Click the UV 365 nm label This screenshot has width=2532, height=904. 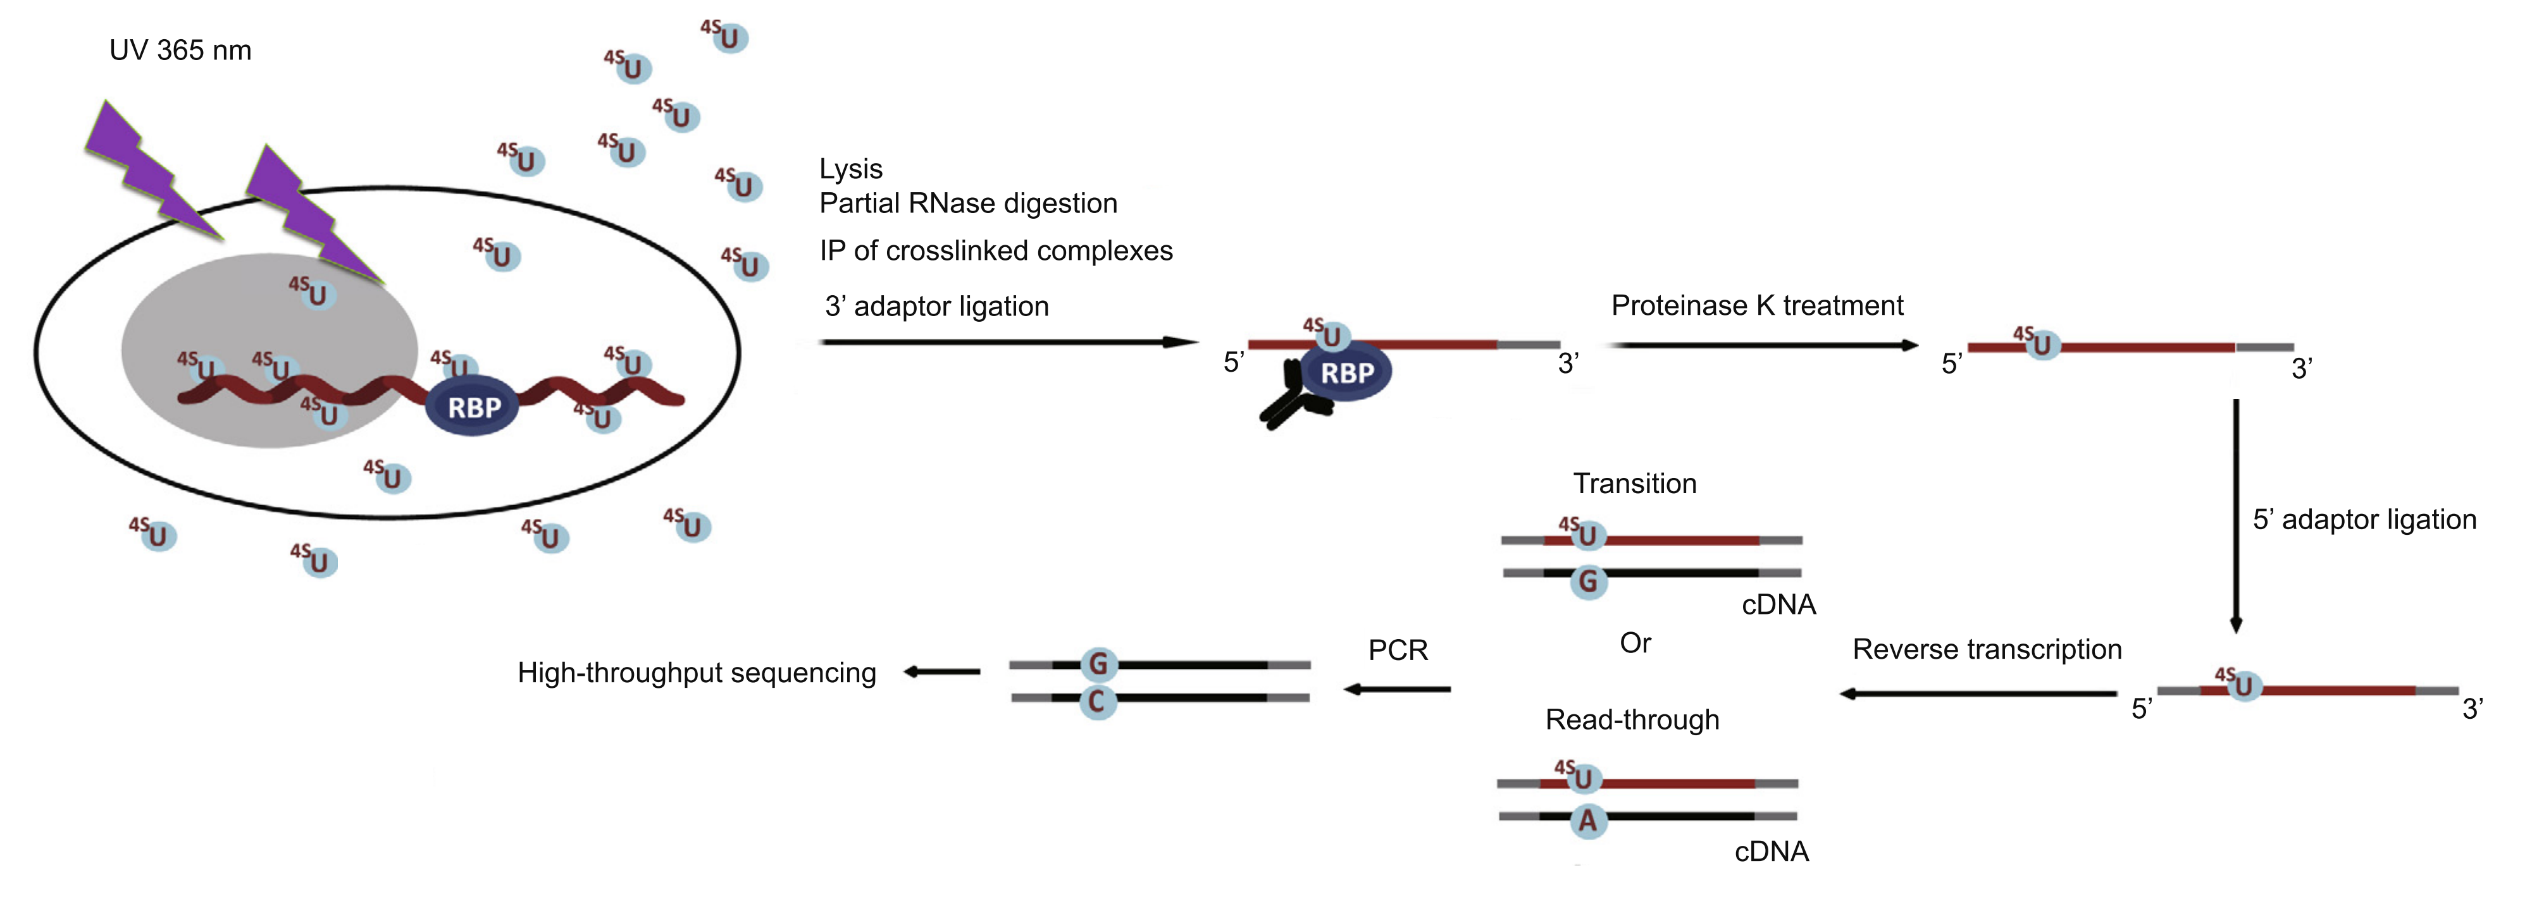[x=180, y=50]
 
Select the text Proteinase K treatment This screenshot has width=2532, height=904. [x=1756, y=305]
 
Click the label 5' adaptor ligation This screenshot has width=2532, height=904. [x=2364, y=519]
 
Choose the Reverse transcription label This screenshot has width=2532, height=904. [x=1987, y=649]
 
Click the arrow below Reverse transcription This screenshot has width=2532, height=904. [x=1978, y=693]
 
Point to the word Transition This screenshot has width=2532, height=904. [x=1635, y=484]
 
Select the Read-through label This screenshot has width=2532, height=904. [x=1632, y=720]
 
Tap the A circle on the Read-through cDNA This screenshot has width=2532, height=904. [x=1587, y=821]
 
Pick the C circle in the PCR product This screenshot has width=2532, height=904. [x=1097, y=702]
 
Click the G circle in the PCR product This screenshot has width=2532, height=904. [x=1098, y=665]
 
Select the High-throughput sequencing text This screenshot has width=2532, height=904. [x=696, y=673]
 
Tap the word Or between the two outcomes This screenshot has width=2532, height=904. [x=1635, y=644]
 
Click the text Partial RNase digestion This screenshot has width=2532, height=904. [x=968, y=204]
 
